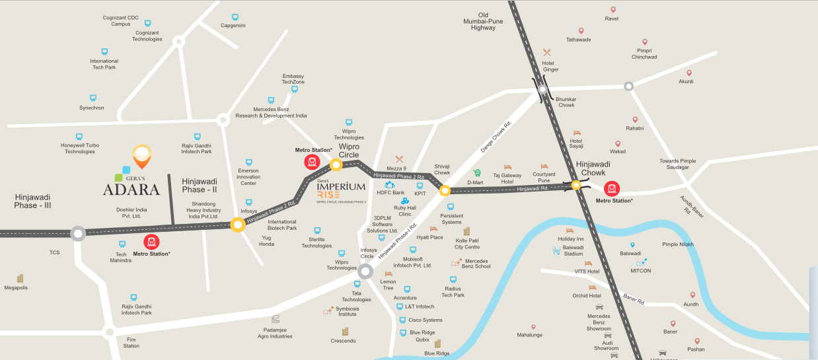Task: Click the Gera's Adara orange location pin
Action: pyautogui.click(x=142, y=157)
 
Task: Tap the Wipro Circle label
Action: pyautogui.click(x=349, y=151)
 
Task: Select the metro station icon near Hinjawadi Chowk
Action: pyautogui.click(x=612, y=188)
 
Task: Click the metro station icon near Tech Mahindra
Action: pyautogui.click(x=152, y=242)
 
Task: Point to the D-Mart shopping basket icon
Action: pyautogui.click(x=476, y=173)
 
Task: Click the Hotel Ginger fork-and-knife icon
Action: pyautogui.click(x=546, y=53)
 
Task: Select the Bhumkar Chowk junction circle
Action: pyautogui.click(x=542, y=90)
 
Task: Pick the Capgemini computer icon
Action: pyautogui.click(x=235, y=17)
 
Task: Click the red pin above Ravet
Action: pyautogui.click(x=613, y=10)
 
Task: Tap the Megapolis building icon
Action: pyautogui.click(x=20, y=278)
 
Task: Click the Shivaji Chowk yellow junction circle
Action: pyautogui.click(x=445, y=191)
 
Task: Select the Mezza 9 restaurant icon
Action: pyautogui.click(x=399, y=159)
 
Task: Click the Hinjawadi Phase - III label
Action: pyautogui.click(x=32, y=201)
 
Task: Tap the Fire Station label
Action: pyautogui.click(x=131, y=342)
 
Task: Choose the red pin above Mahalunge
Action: pyautogui.click(x=533, y=326)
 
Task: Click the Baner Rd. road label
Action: pyautogui.click(x=633, y=299)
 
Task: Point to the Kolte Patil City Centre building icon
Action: pyautogui.click(x=466, y=232)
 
